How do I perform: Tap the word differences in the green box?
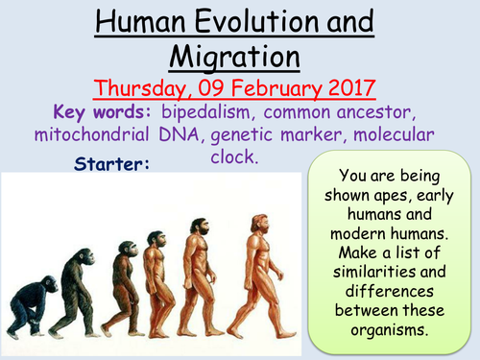(x=395, y=291)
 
